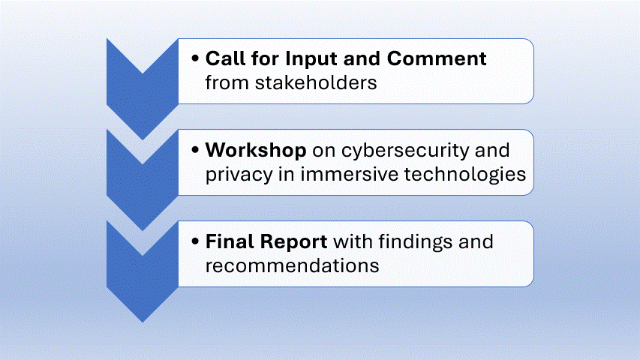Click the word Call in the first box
(224, 58)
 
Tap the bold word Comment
(437, 58)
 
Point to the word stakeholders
(316, 82)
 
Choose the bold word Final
(230, 241)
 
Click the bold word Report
(293, 243)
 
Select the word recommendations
(293, 265)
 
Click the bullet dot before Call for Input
(195, 58)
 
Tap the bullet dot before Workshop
(195, 150)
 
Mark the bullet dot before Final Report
(195, 241)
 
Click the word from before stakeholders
(227, 82)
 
